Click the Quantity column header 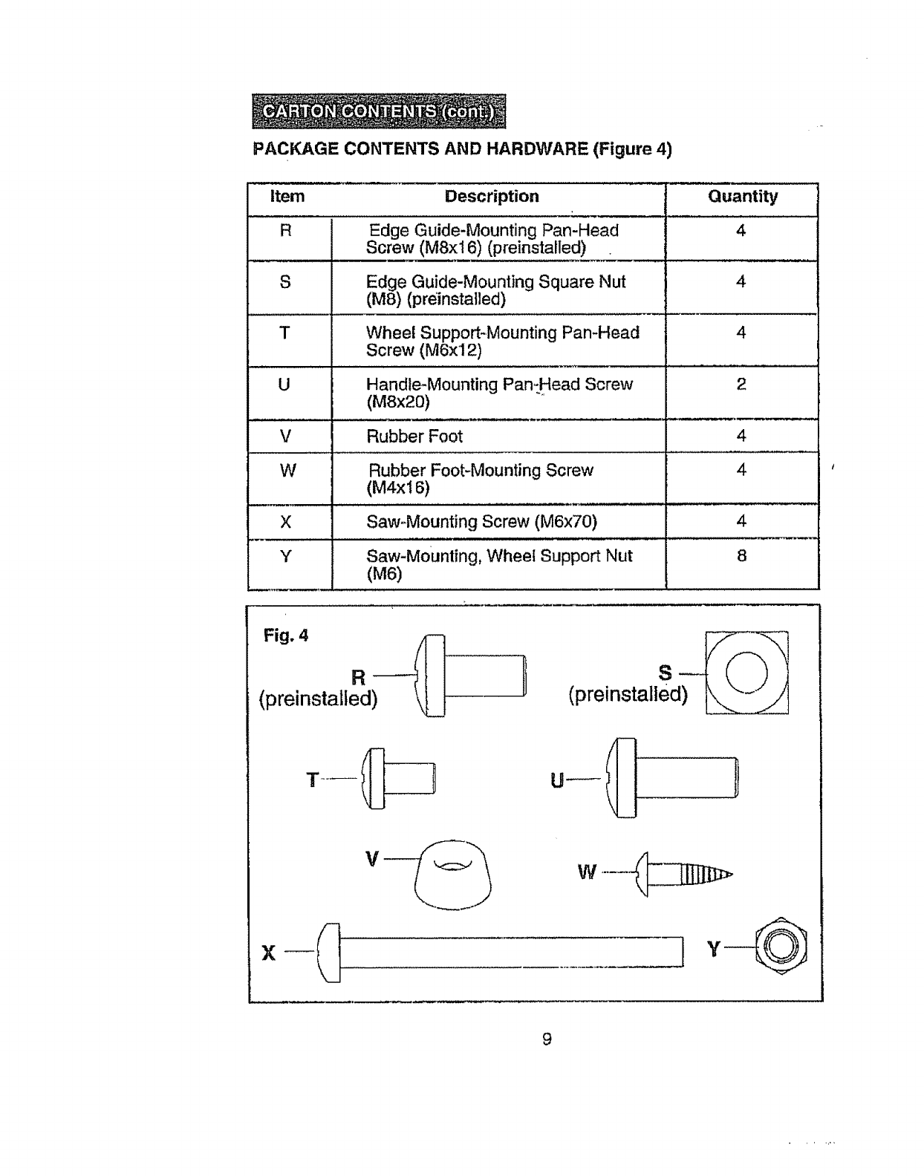pyautogui.click(x=742, y=197)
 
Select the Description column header pyautogui.click(x=492, y=197)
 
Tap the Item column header pyautogui.click(x=287, y=197)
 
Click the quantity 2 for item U pyautogui.click(x=741, y=385)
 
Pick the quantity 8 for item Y pyautogui.click(x=741, y=556)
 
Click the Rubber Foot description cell pyautogui.click(x=414, y=437)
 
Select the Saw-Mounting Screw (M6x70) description pyautogui.click(x=481, y=522)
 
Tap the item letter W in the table pyautogui.click(x=288, y=471)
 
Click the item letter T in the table pyautogui.click(x=284, y=333)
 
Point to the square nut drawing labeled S pyautogui.click(x=746, y=672)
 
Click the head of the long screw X pyautogui.click(x=329, y=952)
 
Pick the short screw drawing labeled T pyautogui.click(x=397, y=779)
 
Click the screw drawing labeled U pyautogui.click(x=672, y=778)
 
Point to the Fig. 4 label pyautogui.click(x=285, y=636)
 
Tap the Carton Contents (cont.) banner pyautogui.click(x=379, y=111)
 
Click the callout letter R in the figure pyautogui.click(x=358, y=677)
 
